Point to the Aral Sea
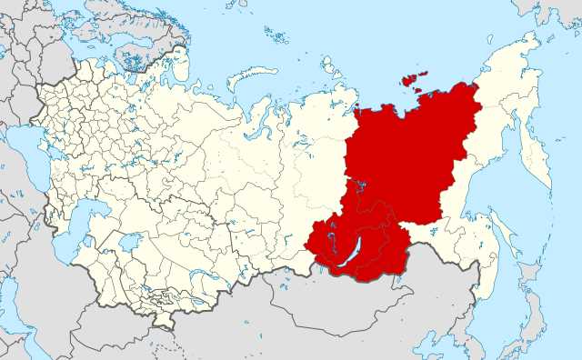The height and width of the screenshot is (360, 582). click(128, 243)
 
